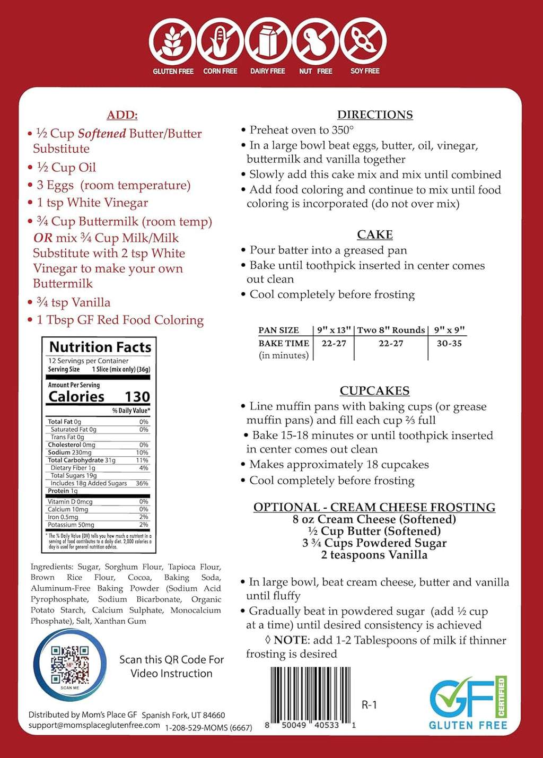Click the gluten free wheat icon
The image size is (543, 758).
[x=172, y=42]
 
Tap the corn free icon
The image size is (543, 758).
[x=220, y=42]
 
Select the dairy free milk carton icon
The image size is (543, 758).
[x=268, y=42]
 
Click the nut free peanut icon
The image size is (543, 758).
[x=316, y=42]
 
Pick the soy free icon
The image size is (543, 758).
[x=364, y=42]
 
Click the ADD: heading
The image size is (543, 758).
[x=122, y=115]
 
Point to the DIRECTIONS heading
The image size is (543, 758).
[x=375, y=115]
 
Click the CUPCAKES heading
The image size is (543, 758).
[x=374, y=391]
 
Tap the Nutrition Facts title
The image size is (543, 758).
[x=100, y=347]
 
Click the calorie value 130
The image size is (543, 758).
[x=137, y=397]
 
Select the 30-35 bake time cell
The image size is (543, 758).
[x=449, y=344]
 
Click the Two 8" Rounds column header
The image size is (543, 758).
[x=391, y=330]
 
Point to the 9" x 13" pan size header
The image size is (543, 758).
[x=334, y=330]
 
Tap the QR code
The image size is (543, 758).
[x=69, y=664]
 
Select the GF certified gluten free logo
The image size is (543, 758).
[x=468, y=703]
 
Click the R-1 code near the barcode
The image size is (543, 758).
[x=369, y=705]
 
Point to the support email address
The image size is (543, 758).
[x=94, y=725]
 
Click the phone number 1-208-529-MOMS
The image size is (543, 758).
[x=208, y=728]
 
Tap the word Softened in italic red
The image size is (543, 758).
[x=102, y=134]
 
